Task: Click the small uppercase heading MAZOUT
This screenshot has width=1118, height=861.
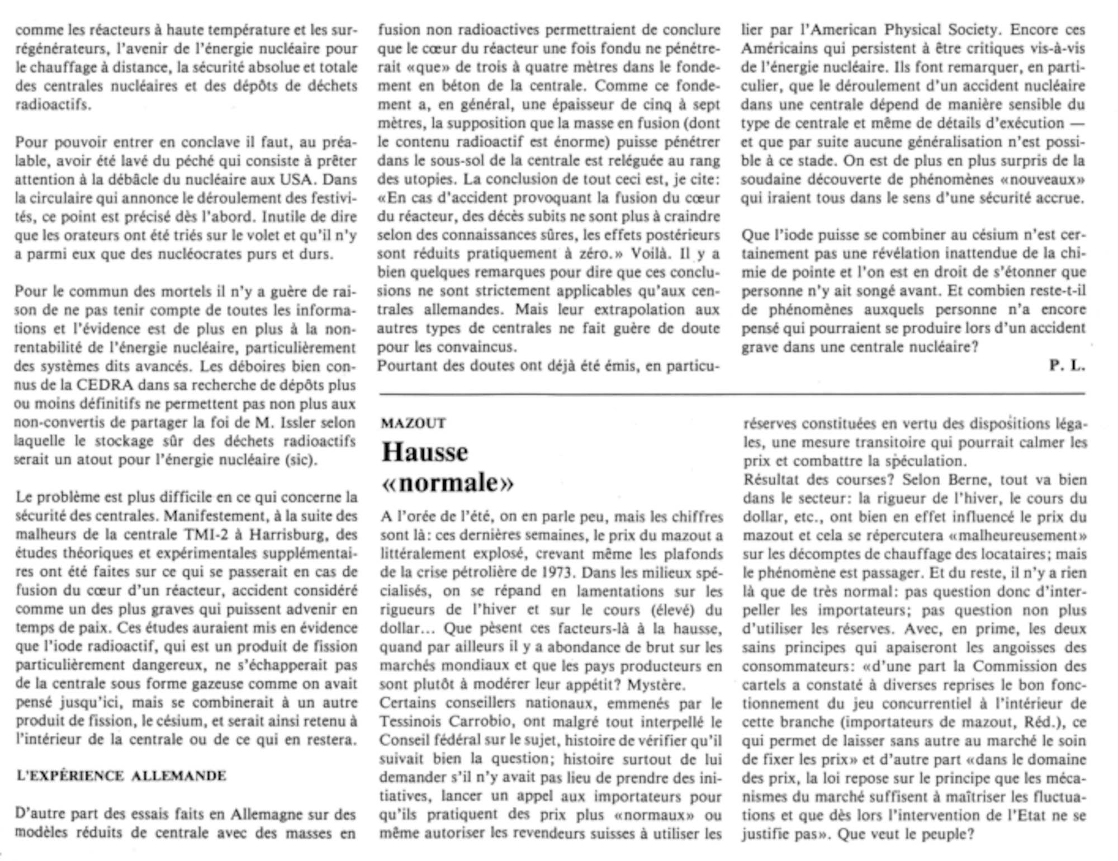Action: pyautogui.click(x=413, y=423)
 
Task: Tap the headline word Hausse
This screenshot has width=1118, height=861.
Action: pyautogui.click(x=424, y=452)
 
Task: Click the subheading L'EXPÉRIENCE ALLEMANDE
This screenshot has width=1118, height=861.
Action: pyautogui.click(x=121, y=776)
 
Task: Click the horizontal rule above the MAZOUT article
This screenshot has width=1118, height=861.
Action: pyautogui.click(x=732, y=394)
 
